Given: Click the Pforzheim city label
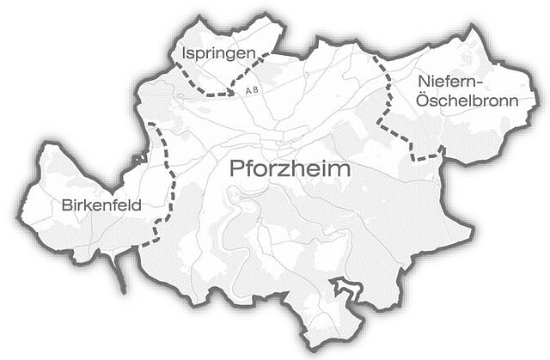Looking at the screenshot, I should click(291, 169).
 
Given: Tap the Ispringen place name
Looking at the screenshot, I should click(219, 54).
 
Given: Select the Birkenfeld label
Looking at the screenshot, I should click(101, 205).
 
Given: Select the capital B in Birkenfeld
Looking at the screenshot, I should click(67, 205).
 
